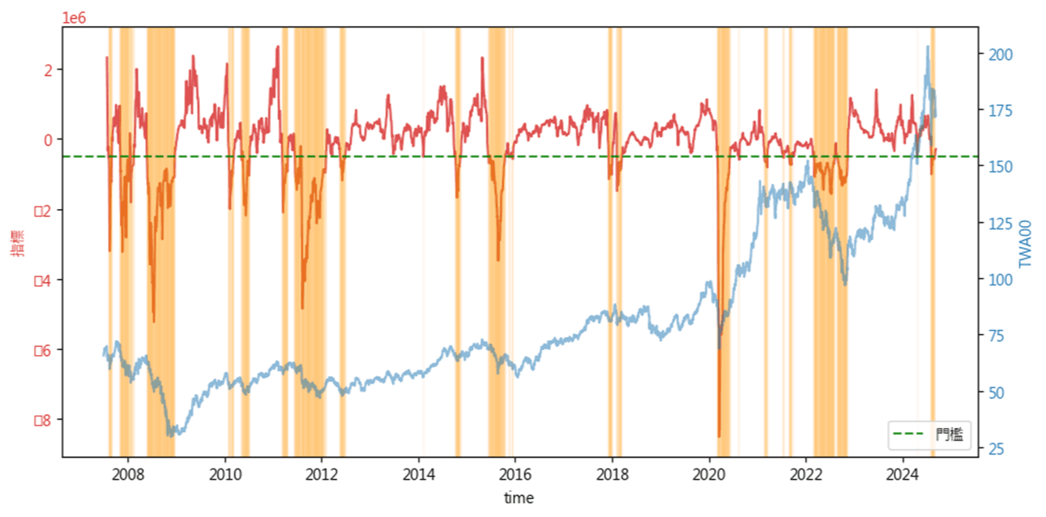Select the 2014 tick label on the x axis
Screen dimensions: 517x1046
419,474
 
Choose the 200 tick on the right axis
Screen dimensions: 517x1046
997,53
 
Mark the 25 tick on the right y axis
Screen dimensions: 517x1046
994,449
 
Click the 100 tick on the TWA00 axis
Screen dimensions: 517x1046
997,280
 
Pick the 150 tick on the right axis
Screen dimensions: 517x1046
997,166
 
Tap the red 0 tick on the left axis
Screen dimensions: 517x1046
48,139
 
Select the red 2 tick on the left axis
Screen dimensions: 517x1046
48,70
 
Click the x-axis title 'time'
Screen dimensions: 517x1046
519,498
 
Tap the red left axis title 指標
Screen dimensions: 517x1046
17,243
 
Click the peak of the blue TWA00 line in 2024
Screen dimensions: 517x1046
927,47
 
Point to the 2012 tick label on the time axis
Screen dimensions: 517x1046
322,474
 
